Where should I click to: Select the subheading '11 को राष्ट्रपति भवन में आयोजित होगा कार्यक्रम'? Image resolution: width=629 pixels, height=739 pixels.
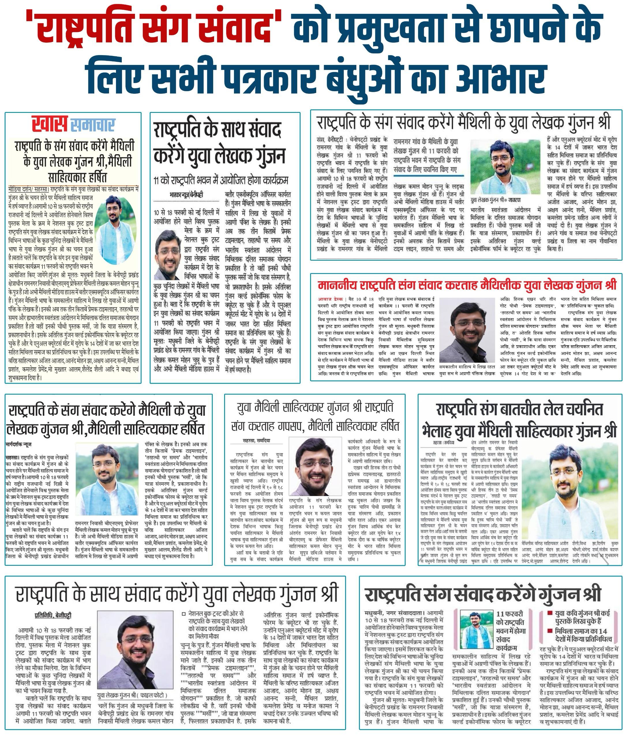coord(220,180)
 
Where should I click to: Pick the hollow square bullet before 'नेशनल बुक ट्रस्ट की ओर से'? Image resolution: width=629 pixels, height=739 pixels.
coord(183,614)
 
